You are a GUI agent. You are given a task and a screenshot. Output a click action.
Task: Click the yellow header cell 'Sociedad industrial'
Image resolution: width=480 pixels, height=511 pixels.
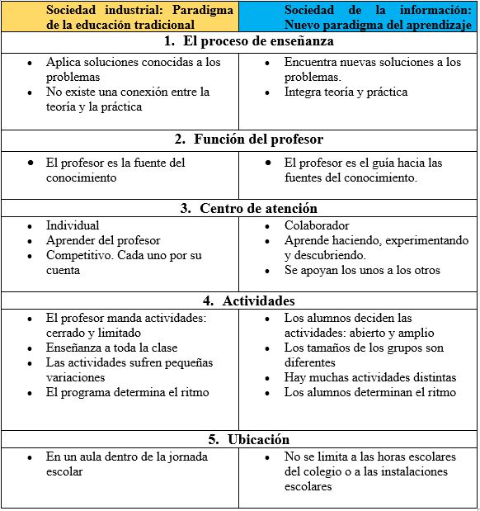pyautogui.click(x=120, y=17)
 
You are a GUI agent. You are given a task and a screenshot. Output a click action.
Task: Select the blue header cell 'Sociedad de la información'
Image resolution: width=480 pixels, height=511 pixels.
pyautogui.click(x=359, y=17)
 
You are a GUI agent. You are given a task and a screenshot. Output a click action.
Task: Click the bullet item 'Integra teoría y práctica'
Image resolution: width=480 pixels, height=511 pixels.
pyautogui.click(x=346, y=92)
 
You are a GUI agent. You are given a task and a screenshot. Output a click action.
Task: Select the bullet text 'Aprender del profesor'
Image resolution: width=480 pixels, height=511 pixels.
pyautogui.click(x=103, y=240)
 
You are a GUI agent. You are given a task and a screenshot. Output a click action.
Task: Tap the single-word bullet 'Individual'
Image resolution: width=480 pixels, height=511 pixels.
pyautogui.click(x=73, y=225)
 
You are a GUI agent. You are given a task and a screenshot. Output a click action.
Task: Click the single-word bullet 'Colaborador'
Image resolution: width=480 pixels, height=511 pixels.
pyautogui.click(x=317, y=225)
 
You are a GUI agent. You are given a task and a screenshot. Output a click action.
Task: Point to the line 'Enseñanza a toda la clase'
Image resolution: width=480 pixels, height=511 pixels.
pyautogui.click(x=111, y=348)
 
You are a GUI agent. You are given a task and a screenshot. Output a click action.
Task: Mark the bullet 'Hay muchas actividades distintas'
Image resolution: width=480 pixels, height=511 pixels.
pyautogui.click(x=370, y=377)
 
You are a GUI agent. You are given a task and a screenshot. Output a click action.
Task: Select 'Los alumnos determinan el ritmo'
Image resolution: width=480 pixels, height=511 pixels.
pyautogui.click(x=369, y=392)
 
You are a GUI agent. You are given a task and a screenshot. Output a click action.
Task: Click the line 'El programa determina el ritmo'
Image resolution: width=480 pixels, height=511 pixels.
pyautogui.click(x=127, y=392)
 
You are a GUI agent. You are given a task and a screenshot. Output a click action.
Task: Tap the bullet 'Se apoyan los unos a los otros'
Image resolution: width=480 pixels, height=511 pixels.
pyautogui.click(x=362, y=270)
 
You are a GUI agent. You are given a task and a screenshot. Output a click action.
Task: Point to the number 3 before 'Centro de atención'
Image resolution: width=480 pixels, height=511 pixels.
pyautogui.click(x=186, y=208)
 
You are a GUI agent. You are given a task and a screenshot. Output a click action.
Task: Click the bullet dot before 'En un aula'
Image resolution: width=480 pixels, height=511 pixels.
pyautogui.click(x=30, y=457)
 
